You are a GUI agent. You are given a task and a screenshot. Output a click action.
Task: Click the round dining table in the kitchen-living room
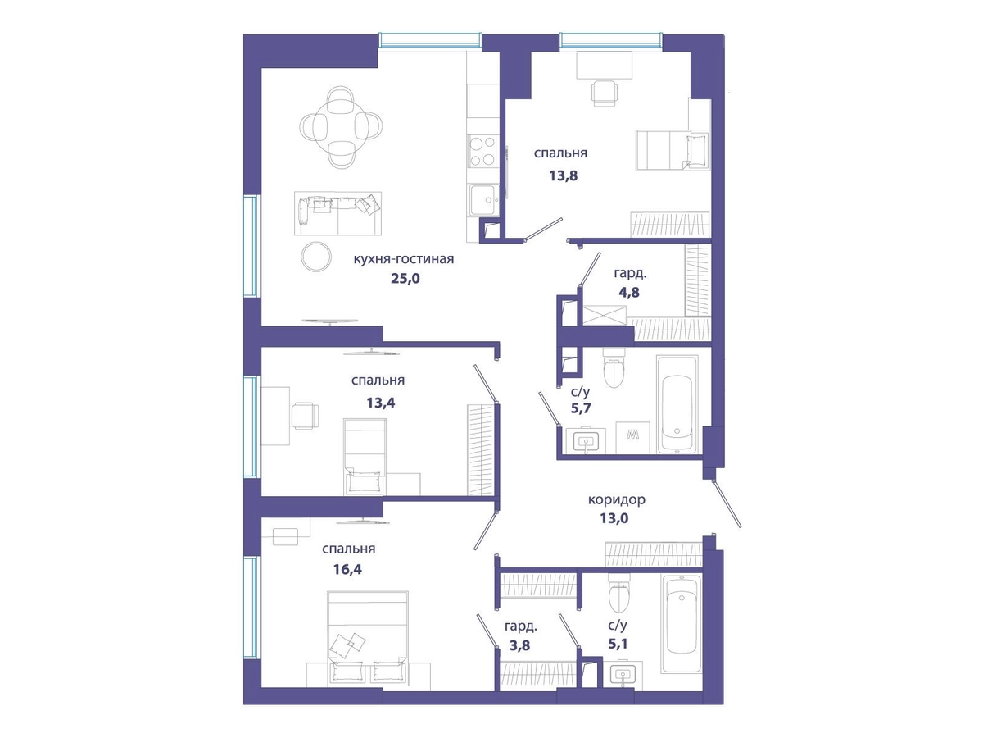(341, 127)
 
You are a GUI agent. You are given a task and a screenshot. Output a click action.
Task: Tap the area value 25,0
(405, 279)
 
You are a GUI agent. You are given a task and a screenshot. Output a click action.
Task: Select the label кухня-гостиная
(404, 259)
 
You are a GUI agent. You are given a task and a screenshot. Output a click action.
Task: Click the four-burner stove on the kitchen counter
(482, 151)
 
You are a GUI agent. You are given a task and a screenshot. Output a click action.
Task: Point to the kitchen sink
(483, 200)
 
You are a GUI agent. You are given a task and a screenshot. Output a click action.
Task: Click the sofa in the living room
(338, 213)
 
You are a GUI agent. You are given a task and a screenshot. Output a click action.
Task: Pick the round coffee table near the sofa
(316, 257)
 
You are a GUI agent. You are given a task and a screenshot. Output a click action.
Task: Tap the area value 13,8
(564, 175)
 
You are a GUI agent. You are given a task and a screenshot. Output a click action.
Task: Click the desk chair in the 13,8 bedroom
(605, 93)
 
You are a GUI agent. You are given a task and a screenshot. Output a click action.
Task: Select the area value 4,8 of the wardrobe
(629, 293)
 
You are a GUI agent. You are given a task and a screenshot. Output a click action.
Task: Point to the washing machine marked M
(632, 437)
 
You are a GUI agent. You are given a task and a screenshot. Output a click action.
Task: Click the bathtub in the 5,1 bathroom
(681, 624)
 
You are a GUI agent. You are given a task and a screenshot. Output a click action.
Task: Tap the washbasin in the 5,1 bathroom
(623, 676)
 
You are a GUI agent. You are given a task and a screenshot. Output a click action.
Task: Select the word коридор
(617, 499)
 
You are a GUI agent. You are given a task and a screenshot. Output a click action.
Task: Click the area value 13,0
(614, 518)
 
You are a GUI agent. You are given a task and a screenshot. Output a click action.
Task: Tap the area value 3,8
(520, 645)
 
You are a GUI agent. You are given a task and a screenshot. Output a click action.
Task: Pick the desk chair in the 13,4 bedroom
(306, 416)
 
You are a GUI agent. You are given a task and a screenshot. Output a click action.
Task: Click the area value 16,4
(347, 570)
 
